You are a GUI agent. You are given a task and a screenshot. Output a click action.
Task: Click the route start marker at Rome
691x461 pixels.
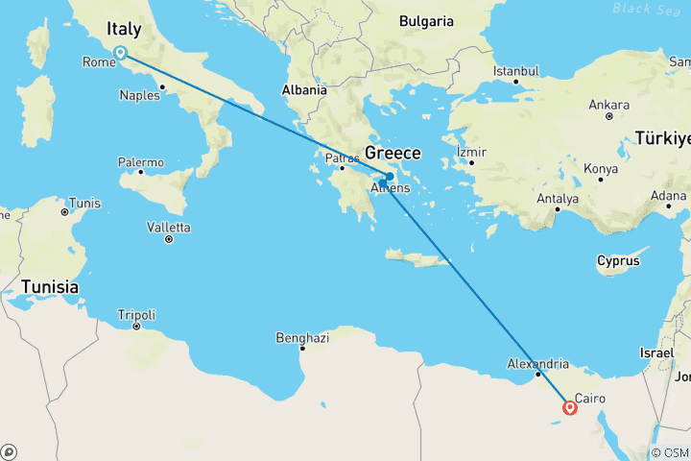pos(120,53)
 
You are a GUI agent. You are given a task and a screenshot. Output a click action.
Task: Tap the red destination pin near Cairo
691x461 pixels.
pos(571,408)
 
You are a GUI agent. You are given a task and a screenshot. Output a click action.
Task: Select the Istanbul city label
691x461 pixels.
pos(517,71)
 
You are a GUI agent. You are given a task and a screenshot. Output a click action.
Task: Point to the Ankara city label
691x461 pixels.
pos(608,104)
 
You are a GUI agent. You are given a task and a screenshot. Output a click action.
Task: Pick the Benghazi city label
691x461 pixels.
pos(302,337)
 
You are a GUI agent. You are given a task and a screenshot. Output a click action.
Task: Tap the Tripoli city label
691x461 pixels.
pos(136,315)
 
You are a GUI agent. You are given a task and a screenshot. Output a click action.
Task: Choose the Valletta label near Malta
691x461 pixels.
pos(170,228)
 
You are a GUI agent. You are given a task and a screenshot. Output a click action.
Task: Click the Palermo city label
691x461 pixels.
pos(141,161)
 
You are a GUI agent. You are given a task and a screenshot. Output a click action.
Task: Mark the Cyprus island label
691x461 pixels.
pos(617,260)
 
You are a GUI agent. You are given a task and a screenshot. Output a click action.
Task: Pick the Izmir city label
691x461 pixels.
pos(472,152)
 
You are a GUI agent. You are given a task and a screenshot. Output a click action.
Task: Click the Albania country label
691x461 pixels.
pos(303,90)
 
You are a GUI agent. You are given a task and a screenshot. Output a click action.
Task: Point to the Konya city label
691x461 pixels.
pos(601,168)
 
